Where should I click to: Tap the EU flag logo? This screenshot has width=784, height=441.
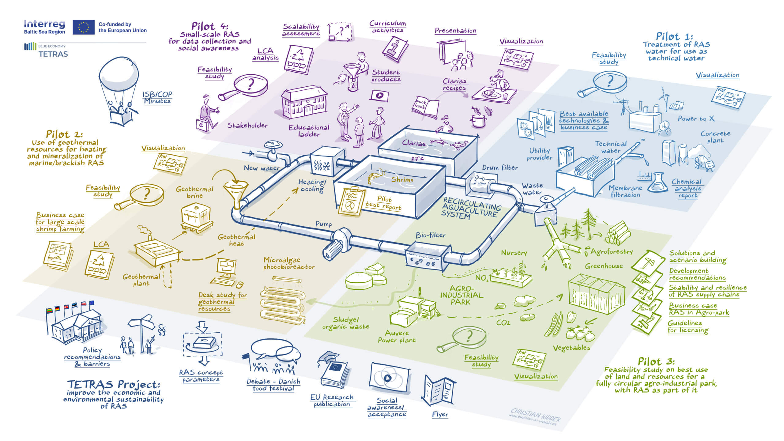click(83, 27)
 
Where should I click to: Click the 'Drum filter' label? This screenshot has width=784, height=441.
click(500, 168)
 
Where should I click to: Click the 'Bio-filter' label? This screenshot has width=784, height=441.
click(430, 235)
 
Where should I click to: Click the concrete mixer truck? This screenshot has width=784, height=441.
click(704, 162)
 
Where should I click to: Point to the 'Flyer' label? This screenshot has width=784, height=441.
click(440, 414)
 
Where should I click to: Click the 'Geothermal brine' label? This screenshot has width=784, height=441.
click(194, 192)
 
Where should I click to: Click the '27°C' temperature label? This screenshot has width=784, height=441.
click(417, 158)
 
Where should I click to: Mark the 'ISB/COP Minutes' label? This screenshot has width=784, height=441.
click(157, 98)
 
